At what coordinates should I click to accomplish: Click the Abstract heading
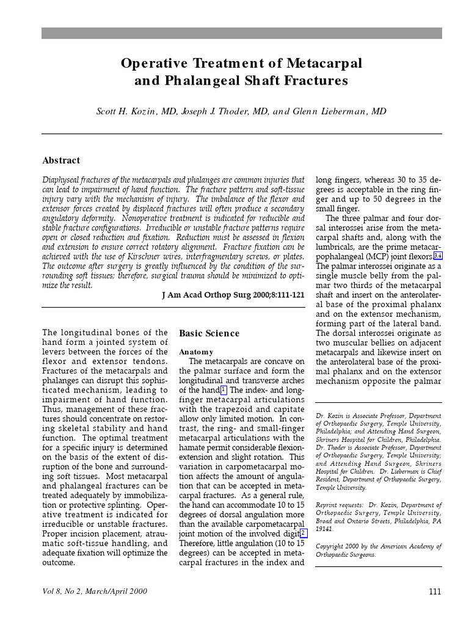[x=61, y=161]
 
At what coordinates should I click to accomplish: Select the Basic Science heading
[x=209, y=333]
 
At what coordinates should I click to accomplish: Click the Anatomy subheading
[x=196, y=352]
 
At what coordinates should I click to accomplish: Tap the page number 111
[x=434, y=591]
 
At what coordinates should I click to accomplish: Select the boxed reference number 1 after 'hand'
[x=224, y=390]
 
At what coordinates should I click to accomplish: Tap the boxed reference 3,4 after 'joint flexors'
[x=437, y=256]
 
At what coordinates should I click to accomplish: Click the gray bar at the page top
[x=241, y=33]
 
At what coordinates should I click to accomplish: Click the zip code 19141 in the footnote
[x=325, y=530]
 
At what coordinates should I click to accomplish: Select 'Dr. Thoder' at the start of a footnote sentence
[x=332, y=447]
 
